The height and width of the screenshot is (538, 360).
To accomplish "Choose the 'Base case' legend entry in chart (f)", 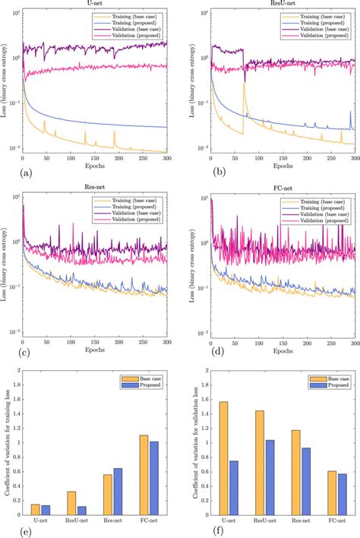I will [335, 378].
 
